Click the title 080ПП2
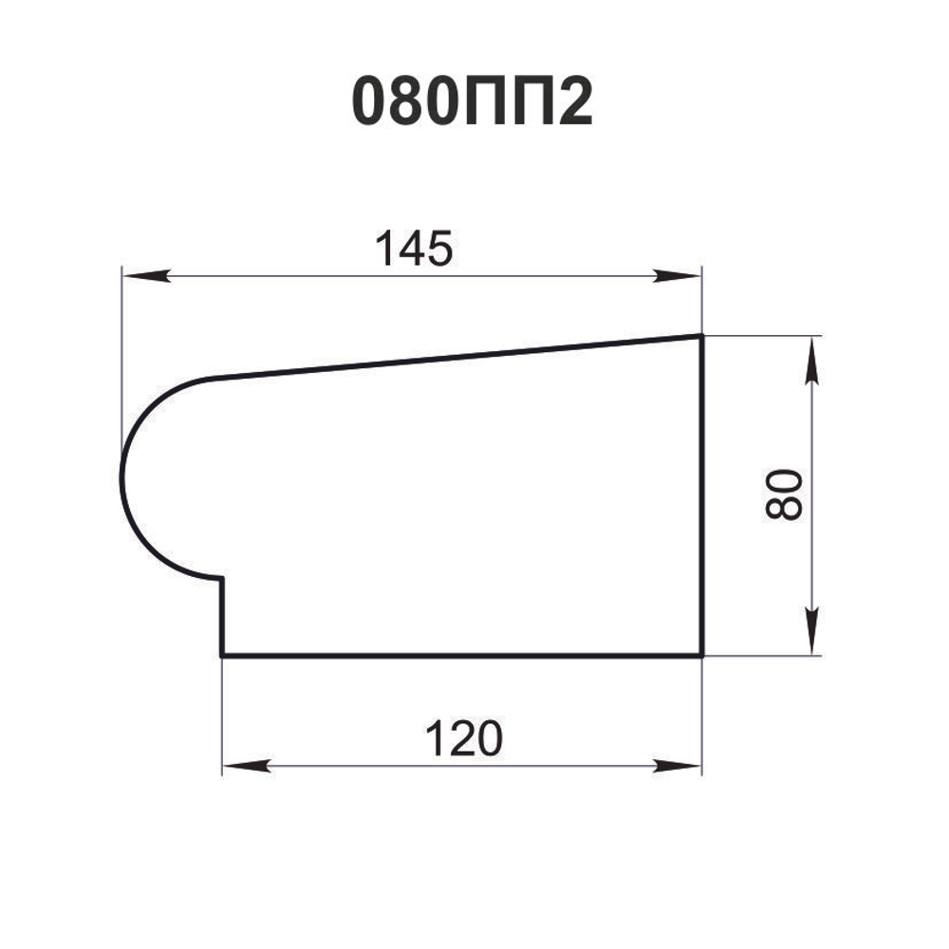coord(472,102)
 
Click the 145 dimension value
coord(414,248)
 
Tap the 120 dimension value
coord(464,738)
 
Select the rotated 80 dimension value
coord(784,494)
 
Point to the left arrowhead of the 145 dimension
coord(145,276)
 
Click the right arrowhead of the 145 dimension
coord(678,276)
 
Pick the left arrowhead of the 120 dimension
coord(246,766)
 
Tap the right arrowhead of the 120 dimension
coord(678,766)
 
